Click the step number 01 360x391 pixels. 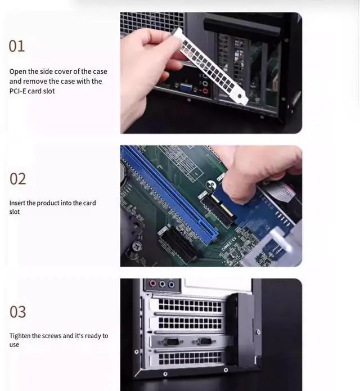point(17,46)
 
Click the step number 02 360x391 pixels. point(18,179)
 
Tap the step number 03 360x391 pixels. point(18,312)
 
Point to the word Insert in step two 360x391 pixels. point(17,203)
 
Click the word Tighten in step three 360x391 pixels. point(21,336)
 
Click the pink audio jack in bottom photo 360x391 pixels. point(151,284)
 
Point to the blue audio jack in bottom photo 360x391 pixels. point(170,284)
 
